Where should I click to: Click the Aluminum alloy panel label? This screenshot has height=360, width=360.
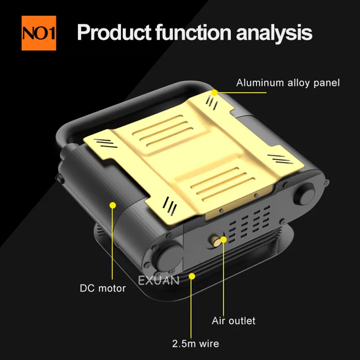pyautogui.click(x=288, y=83)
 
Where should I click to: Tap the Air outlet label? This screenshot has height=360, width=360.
pyautogui.click(x=234, y=320)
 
